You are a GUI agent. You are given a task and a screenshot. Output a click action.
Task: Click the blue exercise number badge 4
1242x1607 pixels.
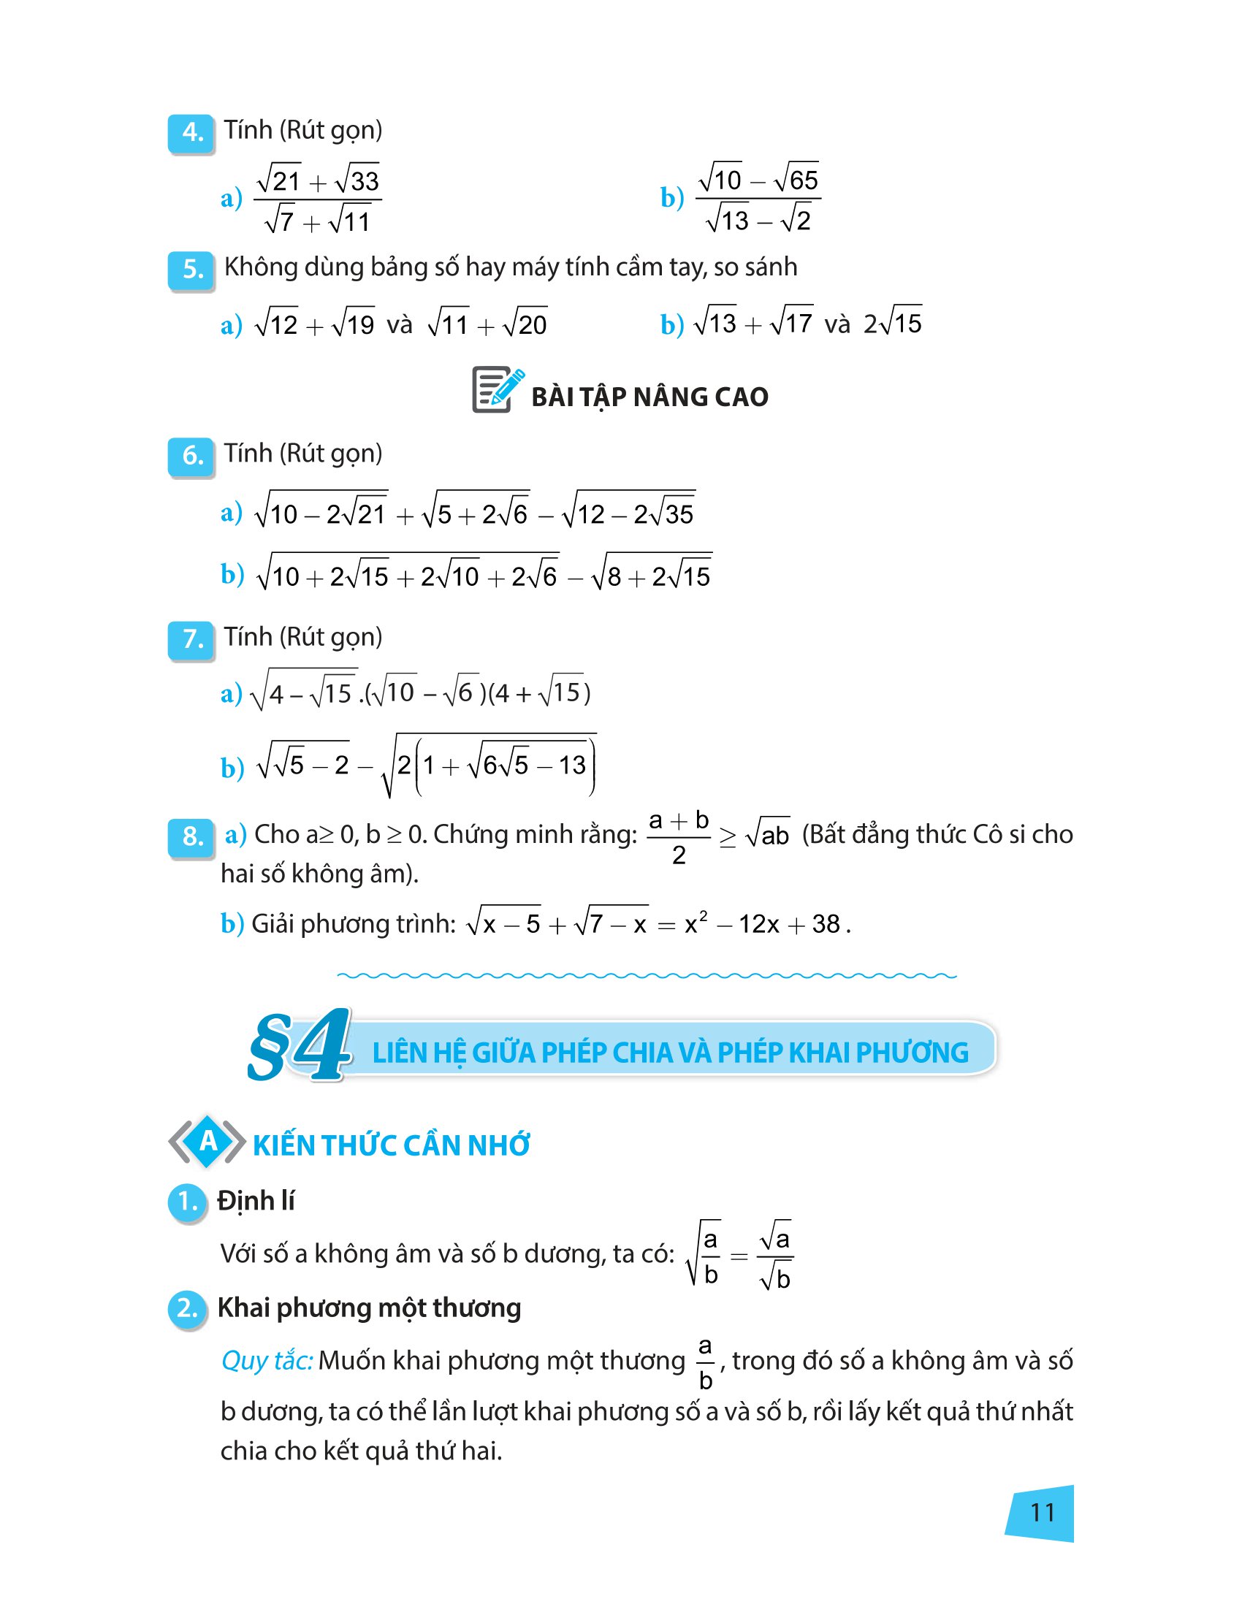click(x=191, y=133)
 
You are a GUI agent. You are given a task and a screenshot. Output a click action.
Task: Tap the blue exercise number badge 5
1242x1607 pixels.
click(x=191, y=270)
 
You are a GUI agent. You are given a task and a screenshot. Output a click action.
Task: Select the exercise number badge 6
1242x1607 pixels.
click(x=191, y=457)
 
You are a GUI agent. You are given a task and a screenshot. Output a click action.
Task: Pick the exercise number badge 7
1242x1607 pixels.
click(x=191, y=640)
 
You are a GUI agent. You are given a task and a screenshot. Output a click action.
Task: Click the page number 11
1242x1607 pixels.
click(x=1042, y=1513)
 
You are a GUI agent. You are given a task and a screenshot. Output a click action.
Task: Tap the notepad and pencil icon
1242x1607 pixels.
click(x=497, y=391)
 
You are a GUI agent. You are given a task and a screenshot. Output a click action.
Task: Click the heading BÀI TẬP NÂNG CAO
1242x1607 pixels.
click(x=649, y=397)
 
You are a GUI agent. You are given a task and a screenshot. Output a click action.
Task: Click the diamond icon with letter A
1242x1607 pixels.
click(x=207, y=1142)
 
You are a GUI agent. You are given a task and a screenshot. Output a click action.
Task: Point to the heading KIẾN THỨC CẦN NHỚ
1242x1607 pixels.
click(x=391, y=1146)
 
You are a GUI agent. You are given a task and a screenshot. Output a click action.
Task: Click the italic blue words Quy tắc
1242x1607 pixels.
click(x=267, y=1361)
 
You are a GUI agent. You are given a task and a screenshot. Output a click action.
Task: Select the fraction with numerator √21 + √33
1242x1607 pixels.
click(x=317, y=199)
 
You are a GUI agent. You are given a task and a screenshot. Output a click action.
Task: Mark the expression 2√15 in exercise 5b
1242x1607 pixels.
click(x=893, y=323)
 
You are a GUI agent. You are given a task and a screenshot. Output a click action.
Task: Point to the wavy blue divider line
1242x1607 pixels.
click(x=646, y=977)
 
